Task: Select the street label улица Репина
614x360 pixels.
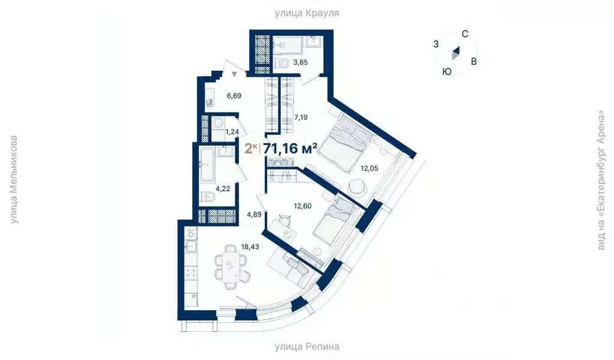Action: pyautogui.click(x=307, y=346)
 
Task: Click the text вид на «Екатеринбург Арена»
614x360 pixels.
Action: pyautogui.click(x=601, y=180)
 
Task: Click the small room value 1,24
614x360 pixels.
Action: pyautogui.click(x=233, y=132)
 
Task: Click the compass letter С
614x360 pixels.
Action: pyautogui.click(x=465, y=34)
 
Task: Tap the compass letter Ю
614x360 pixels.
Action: pyautogui.click(x=447, y=71)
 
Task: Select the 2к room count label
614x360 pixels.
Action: pyautogui.click(x=251, y=148)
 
